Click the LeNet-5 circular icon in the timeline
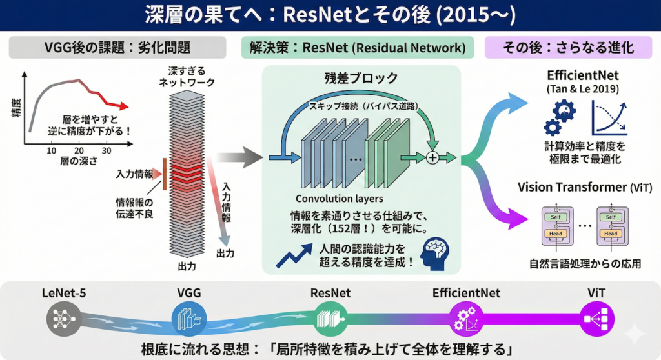61,317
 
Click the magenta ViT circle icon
596,318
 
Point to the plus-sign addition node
432,157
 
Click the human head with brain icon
433,254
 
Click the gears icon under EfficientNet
557,116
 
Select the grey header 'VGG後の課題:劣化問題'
114,47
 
